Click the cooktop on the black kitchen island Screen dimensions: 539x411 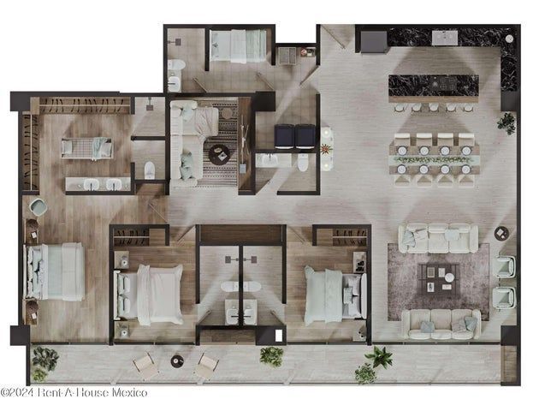click(x=445, y=83)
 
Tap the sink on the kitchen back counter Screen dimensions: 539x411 click(x=445, y=38)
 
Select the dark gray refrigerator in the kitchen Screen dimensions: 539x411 click(x=374, y=42)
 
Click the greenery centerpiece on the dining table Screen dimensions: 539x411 click(x=434, y=159)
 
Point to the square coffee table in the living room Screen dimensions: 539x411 click(x=439, y=278)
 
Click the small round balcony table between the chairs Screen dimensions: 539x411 click(x=177, y=360)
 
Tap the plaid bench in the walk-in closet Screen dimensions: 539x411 click(x=87, y=149)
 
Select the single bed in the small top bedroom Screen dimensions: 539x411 click(x=238, y=46)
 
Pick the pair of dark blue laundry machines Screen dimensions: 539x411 click(x=294, y=136)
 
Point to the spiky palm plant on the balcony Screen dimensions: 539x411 click(x=379, y=357)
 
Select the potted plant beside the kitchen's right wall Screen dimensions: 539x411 click(x=506, y=122)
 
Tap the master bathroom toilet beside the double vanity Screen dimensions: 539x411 click(x=150, y=170)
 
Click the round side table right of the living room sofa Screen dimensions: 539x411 click(x=502, y=233)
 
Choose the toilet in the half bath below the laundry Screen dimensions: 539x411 click(x=303, y=162)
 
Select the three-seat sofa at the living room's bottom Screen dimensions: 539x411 click(x=441, y=325)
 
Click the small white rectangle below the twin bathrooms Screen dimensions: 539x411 click(x=278, y=336)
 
